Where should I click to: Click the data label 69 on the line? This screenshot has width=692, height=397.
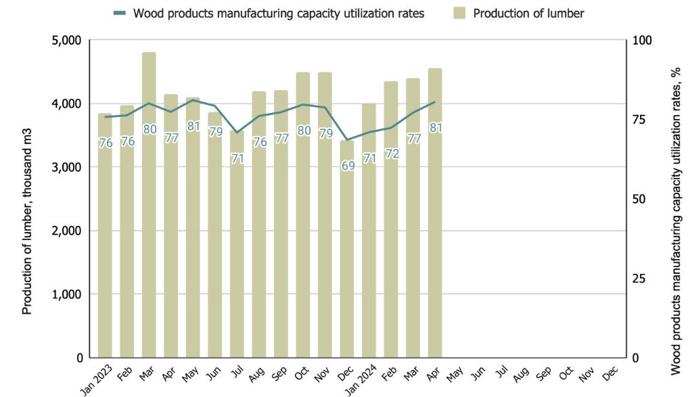coord(348,166)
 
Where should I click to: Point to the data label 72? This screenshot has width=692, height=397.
coord(392,154)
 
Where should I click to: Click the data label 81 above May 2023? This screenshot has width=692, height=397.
coord(193,126)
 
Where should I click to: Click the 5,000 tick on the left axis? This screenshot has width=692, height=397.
coord(66,41)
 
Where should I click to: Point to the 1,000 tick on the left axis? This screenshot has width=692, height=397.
coord(66,294)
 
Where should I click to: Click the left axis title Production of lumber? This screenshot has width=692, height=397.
coord(28,199)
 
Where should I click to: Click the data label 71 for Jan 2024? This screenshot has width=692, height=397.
coord(369,158)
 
